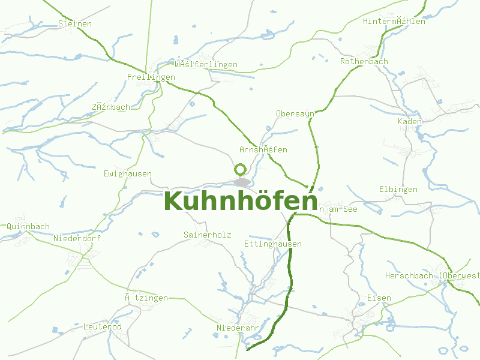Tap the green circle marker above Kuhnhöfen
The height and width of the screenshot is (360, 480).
(x=240, y=170)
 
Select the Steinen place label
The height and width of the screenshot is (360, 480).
(x=75, y=23)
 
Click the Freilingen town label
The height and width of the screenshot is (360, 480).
(x=151, y=77)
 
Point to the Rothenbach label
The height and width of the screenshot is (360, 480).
(x=364, y=61)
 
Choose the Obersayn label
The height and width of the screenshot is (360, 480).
(x=295, y=113)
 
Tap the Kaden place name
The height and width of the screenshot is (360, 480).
(x=410, y=121)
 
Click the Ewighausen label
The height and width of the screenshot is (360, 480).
(x=127, y=173)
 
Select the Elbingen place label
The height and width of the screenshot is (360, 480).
(x=398, y=189)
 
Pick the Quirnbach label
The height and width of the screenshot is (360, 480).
(x=28, y=226)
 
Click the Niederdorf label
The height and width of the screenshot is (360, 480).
(x=77, y=238)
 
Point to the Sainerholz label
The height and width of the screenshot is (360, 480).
(x=207, y=235)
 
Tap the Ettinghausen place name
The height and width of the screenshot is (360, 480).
(x=272, y=244)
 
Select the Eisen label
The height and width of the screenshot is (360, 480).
(x=379, y=298)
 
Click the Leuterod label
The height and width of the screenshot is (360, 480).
(x=102, y=326)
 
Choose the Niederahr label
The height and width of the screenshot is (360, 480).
(x=238, y=328)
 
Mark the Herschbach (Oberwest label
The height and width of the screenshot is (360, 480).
(x=432, y=275)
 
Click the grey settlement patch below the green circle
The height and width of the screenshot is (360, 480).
(x=242, y=182)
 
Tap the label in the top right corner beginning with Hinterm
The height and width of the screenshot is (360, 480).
(x=394, y=21)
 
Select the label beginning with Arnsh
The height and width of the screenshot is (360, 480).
(x=263, y=149)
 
